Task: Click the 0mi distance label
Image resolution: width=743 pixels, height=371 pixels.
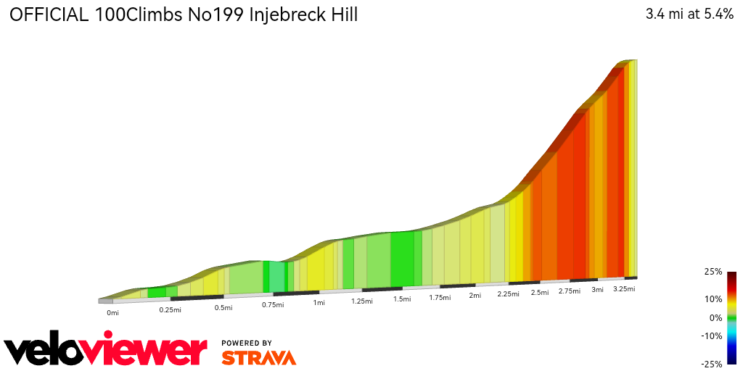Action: (112, 313)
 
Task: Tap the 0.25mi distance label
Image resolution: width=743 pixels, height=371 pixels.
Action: (171, 309)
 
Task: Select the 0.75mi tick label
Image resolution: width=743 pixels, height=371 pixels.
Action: (272, 305)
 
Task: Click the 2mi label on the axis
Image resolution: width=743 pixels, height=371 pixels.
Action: (475, 296)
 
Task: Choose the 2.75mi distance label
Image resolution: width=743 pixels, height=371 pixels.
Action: (570, 291)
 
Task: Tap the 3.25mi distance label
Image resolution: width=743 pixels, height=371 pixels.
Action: (624, 288)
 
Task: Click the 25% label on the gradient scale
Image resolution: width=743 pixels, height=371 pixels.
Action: (713, 272)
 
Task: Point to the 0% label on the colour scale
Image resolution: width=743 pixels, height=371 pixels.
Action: (715, 317)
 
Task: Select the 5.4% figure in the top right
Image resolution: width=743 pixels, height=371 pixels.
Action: (714, 15)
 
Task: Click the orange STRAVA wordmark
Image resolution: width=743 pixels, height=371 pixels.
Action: (258, 357)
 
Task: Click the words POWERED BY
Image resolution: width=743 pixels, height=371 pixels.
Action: (247, 343)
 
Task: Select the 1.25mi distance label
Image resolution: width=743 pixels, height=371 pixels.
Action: (361, 301)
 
